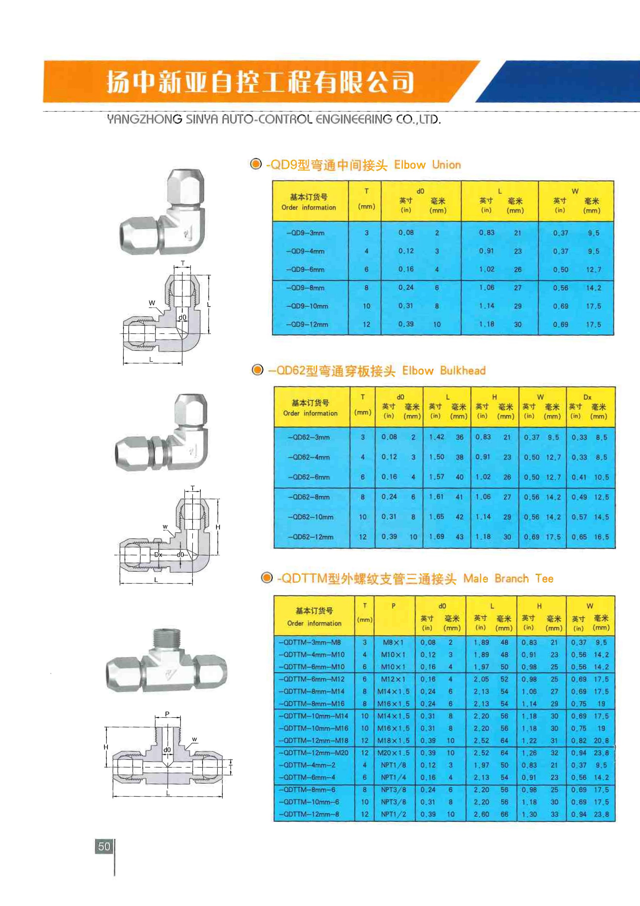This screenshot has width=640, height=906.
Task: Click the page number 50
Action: (104, 846)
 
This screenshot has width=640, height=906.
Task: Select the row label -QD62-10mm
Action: (311, 517)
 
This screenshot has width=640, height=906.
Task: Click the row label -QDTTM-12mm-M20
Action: (314, 753)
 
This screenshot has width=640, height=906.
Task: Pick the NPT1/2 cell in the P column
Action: (393, 814)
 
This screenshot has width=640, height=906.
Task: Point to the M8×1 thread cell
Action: (393, 642)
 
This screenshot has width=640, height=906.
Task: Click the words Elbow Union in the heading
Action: (427, 165)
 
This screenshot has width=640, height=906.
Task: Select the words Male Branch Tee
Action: (508, 579)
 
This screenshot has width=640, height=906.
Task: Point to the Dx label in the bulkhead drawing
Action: (158, 554)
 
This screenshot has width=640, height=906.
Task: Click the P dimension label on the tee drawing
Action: (167, 714)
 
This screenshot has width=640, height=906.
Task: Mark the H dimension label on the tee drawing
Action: (106, 747)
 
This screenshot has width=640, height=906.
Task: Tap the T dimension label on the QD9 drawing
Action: (182, 263)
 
